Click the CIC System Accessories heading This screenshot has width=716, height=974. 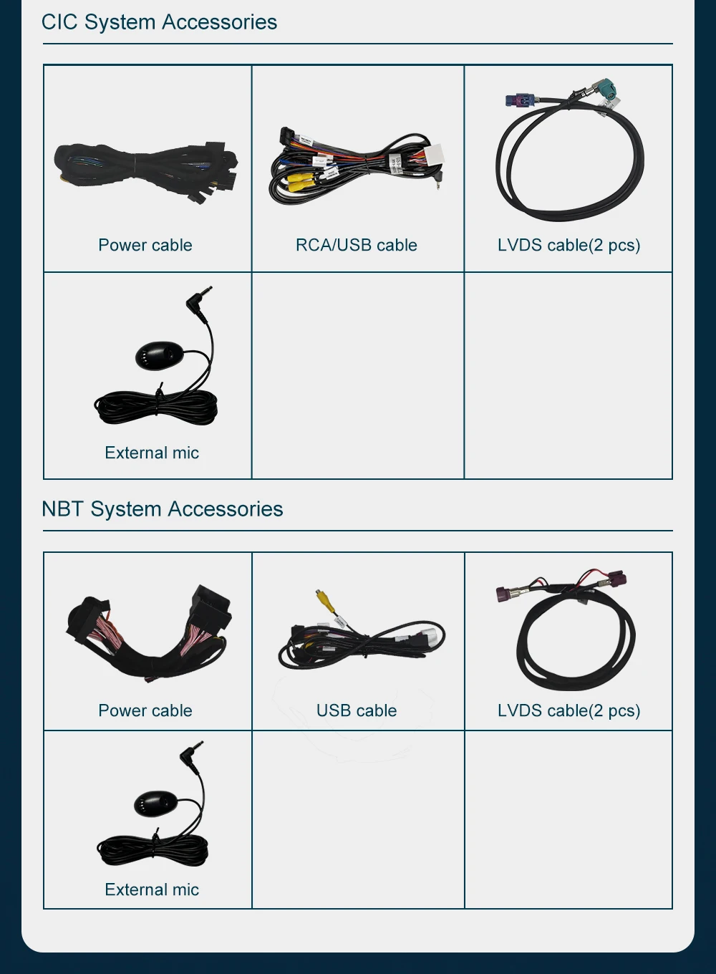click(159, 22)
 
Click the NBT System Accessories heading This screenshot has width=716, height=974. click(163, 509)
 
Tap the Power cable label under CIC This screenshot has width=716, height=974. click(145, 245)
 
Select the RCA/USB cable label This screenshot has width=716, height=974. click(357, 245)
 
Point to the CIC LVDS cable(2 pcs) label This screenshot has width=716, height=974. click(569, 245)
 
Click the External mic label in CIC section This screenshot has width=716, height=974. click(152, 453)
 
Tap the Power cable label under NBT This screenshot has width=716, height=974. click(145, 710)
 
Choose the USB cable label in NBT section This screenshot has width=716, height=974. click(357, 710)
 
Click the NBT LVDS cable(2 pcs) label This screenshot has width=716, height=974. click(569, 710)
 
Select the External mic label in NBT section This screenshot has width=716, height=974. click(152, 889)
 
